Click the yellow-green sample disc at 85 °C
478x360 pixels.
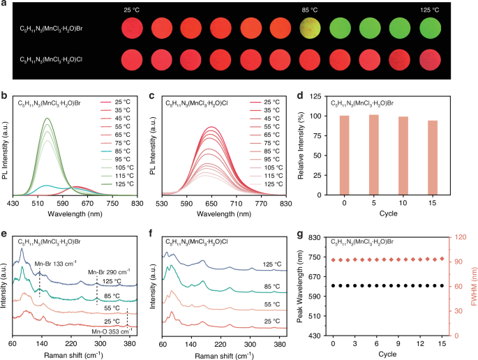(311, 29)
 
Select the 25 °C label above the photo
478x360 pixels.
(133, 9)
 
